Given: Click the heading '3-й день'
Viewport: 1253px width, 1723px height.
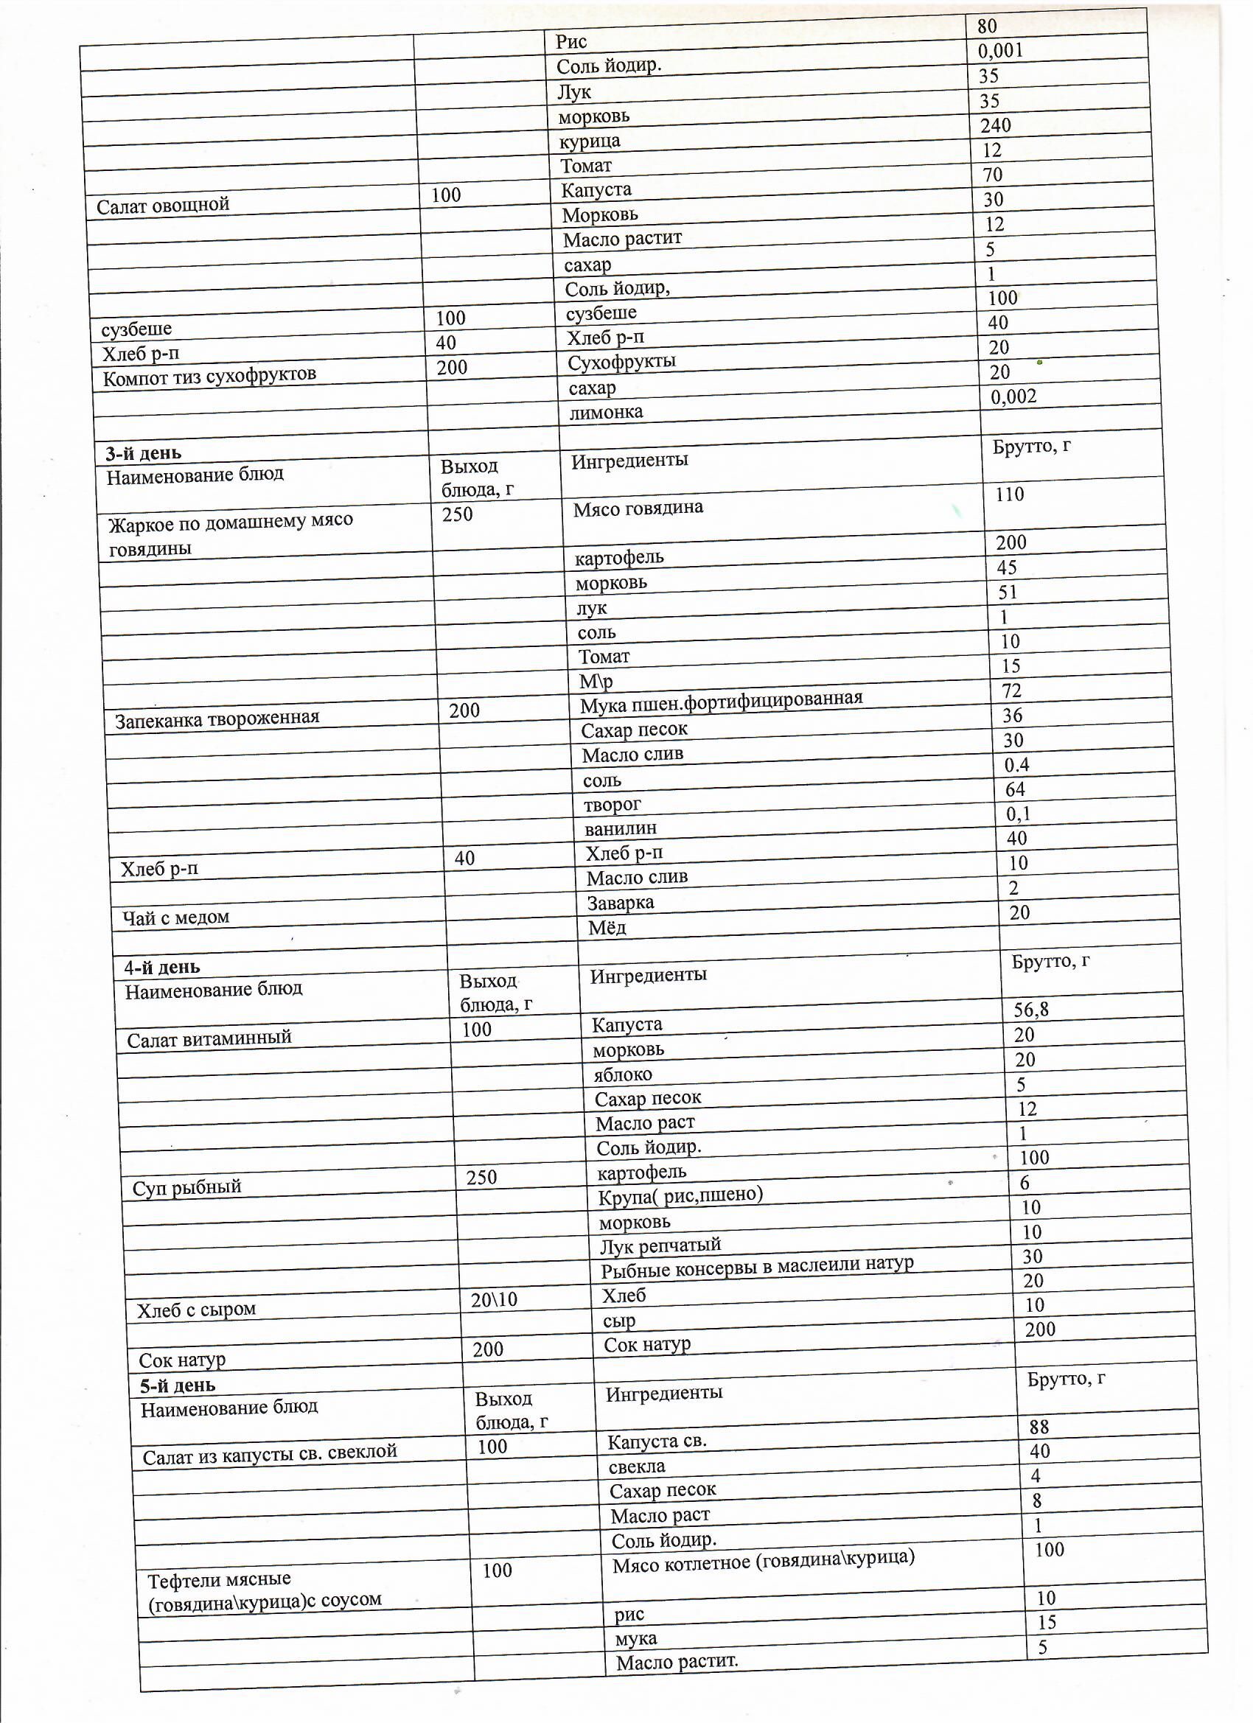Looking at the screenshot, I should [x=144, y=453].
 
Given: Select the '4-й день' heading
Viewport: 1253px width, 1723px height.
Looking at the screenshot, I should [x=162, y=967].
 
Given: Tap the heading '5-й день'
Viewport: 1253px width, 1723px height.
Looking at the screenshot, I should [x=177, y=1385].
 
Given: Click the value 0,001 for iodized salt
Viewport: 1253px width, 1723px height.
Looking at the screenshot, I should [x=1000, y=51].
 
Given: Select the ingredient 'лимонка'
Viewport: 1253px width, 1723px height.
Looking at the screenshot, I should [x=606, y=413].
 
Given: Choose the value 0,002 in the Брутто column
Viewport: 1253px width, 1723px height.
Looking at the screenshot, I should [x=1013, y=396].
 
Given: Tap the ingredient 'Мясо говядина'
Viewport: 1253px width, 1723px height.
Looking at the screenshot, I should [x=638, y=508].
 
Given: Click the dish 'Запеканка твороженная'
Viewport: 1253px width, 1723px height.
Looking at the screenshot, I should [x=217, y=718].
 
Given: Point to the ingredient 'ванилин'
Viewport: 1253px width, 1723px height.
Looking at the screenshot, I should [x=620, y=828].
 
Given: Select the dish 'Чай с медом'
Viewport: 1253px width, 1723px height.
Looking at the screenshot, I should [x=176, y=918].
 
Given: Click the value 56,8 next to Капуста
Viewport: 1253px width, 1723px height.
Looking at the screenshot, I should [x=1031, y=1010].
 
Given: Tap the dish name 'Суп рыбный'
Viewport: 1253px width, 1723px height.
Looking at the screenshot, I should [x=187, y=1186].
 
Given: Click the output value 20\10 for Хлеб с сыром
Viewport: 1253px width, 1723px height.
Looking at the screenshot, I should [x=494, y=1299].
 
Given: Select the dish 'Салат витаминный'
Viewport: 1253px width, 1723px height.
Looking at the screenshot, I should [x=209, y=1038].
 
